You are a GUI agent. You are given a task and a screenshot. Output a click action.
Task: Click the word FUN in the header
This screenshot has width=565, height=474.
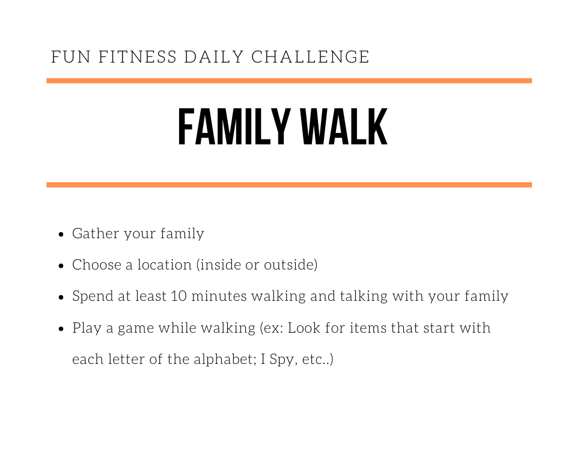71,57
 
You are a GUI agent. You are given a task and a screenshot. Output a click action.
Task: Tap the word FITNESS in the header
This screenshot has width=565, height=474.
138,57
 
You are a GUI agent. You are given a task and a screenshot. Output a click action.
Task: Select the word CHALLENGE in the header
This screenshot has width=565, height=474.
310,57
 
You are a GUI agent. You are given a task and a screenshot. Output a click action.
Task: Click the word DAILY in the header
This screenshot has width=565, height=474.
214,57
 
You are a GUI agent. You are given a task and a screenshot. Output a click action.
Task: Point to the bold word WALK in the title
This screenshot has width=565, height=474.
344,126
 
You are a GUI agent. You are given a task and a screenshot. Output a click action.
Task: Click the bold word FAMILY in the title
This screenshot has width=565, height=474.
234,126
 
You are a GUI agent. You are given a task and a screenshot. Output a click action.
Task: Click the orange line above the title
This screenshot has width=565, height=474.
289,81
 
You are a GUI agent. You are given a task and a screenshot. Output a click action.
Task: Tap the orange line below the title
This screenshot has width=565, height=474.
289,185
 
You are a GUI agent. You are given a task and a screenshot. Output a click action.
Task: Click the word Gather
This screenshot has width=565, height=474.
96,233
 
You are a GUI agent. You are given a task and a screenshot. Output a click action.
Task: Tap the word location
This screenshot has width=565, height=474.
164,265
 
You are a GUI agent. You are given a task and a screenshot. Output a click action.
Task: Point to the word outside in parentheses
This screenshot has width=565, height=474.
289,265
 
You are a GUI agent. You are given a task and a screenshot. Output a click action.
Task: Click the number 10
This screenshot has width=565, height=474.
179,296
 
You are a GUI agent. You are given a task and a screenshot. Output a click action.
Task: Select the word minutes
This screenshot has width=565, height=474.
219,296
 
